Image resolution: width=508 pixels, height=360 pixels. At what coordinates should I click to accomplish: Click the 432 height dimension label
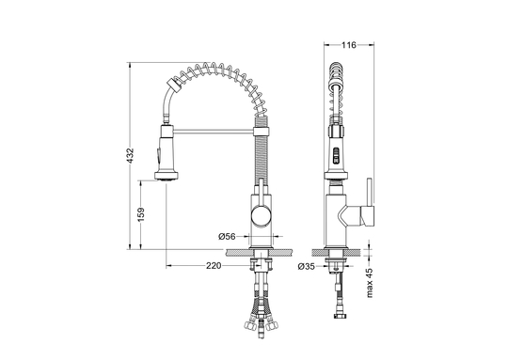click(x=130, y=156)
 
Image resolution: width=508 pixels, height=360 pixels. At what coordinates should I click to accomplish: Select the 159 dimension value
click(x=141, y=214)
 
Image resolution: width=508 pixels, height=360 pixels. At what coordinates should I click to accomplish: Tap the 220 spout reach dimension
click(x=214, y=266)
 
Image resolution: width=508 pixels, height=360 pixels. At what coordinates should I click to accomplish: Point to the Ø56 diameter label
click(x=227, y=237)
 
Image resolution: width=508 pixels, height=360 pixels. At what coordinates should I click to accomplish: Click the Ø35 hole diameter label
click(x=306, y=266)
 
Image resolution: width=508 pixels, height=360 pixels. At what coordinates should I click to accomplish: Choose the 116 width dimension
click(x=349, y=45)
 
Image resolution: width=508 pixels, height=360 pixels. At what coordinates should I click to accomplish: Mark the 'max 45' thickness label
click(x=370, y=282)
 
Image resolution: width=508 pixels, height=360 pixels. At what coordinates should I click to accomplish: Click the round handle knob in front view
click(x=262, y=216)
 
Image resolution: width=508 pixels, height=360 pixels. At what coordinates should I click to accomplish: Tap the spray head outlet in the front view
click(x=167, y=176)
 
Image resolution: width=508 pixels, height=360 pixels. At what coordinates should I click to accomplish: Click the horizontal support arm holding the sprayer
click(x=214, y=131)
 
